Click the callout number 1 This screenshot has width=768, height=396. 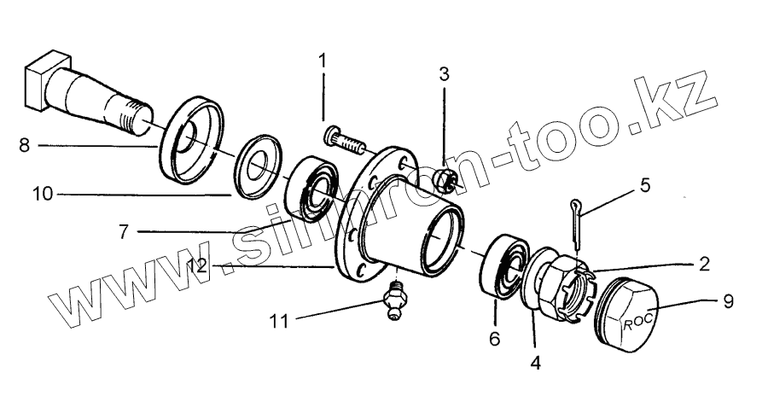click(x=323, y=61)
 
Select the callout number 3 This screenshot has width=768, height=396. click(x=444, y=73)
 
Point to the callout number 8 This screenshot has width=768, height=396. click(x=24, y=145)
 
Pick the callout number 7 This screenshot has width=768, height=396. click(x=124, y=231)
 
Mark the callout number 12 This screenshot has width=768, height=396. click(x=197, y=266)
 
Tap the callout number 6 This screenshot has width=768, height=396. click(x=493, y=338)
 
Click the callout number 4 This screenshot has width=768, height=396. click(x=535, y=362)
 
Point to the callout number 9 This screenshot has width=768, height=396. click(x=728, y=300)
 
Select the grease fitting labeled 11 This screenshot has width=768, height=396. click(x=393, y=300)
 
